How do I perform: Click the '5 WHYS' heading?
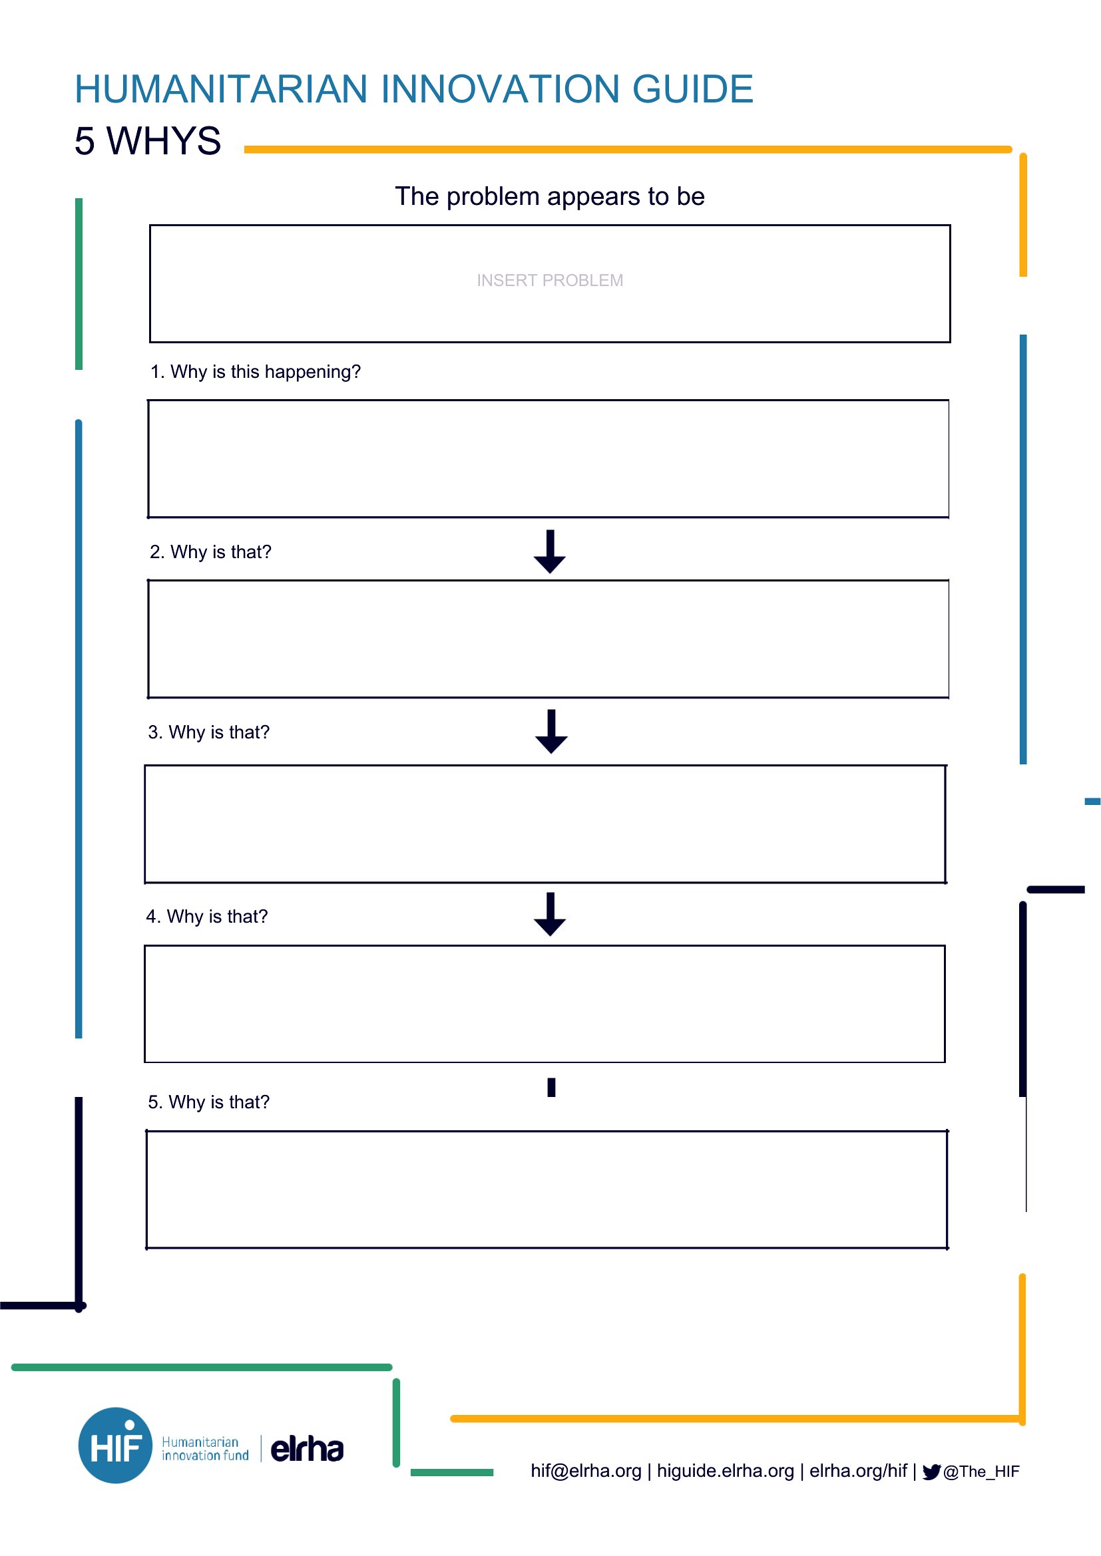pos(148,141)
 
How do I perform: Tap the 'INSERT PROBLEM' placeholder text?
pos(550,280)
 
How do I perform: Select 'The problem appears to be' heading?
pos(550,196)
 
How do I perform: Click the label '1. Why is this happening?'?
pos(255,371)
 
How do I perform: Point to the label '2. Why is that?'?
pos(210,551)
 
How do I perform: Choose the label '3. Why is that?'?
pos(209,732)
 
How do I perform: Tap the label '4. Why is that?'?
pos(207,916)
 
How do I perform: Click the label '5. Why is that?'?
pos(209,1102)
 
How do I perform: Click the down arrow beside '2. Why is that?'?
pos(550,551)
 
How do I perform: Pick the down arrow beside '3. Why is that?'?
pos(551,731)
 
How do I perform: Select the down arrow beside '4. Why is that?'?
pos(550,914)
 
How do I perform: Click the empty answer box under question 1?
pos(549,459)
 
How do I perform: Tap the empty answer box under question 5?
pos(547,1189)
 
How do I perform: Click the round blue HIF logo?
pos(115,1446)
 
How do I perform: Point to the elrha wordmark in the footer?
pos(307,1449)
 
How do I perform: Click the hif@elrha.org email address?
pos(586,1471)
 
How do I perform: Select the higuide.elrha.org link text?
pos(726,1471)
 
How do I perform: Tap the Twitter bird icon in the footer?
pos(931,1472)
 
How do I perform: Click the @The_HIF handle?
pos(981,1472)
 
